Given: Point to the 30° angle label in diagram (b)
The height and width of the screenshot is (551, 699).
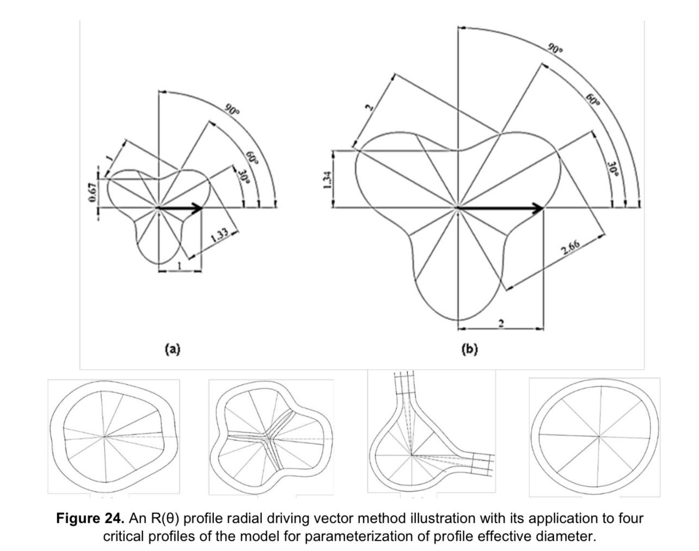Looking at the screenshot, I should click(614, 171).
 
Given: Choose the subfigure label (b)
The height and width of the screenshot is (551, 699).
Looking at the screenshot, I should click(469, 349).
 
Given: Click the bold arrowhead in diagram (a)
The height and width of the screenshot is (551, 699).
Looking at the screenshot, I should click(198, 207).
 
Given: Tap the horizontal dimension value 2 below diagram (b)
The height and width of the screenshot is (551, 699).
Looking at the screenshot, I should click(501, 325).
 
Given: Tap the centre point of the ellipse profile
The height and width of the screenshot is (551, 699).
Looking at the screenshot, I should click(599, 437).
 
